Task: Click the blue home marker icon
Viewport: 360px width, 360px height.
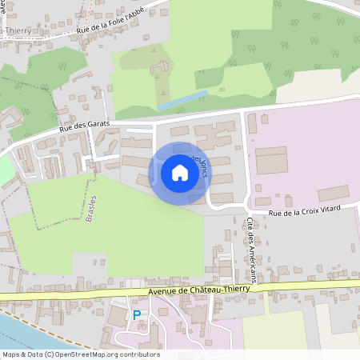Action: tap(179, 173)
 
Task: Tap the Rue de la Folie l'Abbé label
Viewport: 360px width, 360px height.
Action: tap(123, 21)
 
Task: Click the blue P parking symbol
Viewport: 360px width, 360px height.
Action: tap(136, 314)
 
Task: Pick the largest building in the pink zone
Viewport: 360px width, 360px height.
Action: tap(271, 160)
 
